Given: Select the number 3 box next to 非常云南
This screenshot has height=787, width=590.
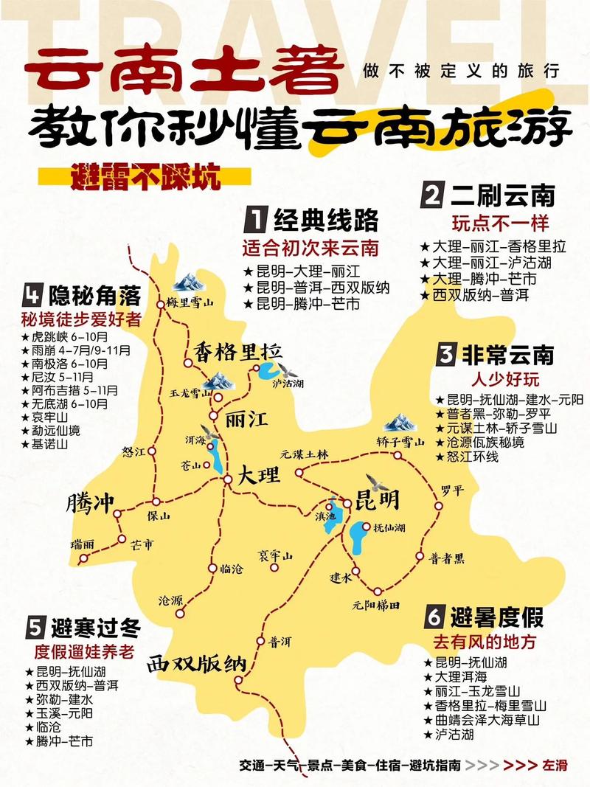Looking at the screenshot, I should pos(445,355).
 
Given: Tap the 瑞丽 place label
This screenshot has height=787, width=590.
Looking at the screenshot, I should pos(83,544).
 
